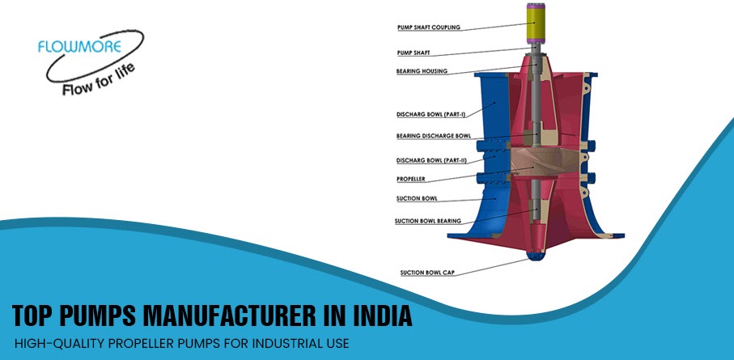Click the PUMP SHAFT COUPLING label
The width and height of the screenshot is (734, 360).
[428, 28]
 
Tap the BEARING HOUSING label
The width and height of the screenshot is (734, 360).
[423, 71]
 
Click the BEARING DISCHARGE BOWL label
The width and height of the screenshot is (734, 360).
[433, 136]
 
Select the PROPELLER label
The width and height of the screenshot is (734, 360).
[411, 179]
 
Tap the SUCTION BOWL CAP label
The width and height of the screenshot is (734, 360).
[427, 273]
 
